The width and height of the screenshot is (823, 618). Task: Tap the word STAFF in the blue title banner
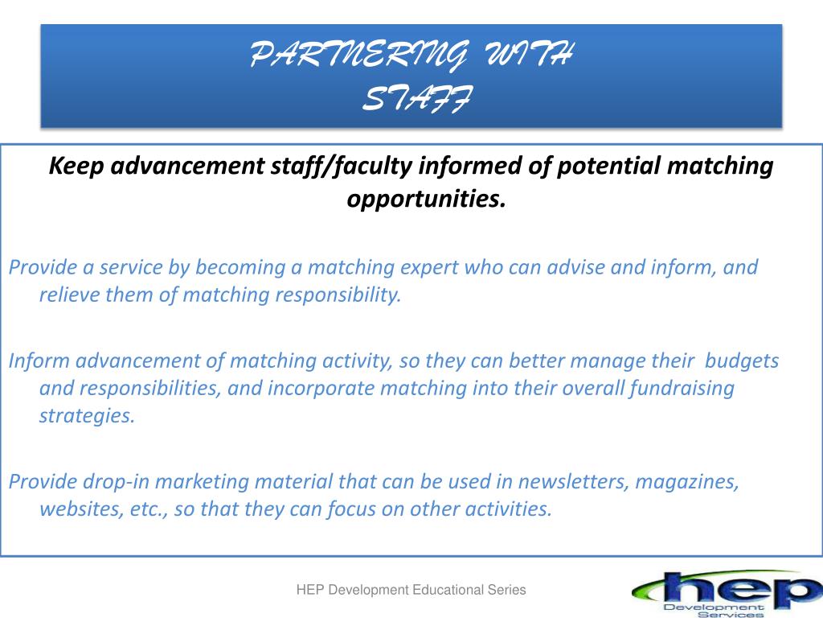418,98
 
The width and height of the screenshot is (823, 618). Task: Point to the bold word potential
608,166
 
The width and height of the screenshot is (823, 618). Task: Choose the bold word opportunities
426,200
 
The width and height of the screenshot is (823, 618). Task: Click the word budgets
742,361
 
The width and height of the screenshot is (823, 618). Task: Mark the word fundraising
682,389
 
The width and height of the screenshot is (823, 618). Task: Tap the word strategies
87,416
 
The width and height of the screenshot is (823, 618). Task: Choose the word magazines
687,483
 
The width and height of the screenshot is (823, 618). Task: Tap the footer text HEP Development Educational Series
411,590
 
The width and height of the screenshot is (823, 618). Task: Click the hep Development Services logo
727,594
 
